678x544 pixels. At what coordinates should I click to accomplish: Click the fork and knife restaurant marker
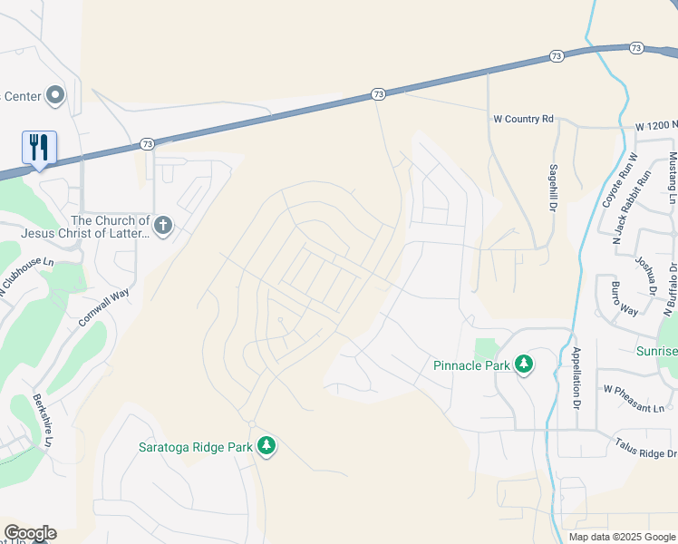(x=39, y=147)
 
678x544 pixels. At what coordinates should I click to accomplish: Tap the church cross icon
(x=163, y=225)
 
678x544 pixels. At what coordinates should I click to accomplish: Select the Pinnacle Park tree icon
(x=523, y=364)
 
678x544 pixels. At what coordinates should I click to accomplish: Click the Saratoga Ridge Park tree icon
(x=266, y=446)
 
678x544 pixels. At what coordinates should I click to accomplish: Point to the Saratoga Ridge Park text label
(x=195, y=446)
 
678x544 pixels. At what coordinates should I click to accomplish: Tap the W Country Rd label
(x=523, y=119)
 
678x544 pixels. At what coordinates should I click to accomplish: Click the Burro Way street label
(x=623, y=299)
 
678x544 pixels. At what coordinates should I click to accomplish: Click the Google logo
(x=30, y=533)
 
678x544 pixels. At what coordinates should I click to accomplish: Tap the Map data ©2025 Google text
(x=621, y=537)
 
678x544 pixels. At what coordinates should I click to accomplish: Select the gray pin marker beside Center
(x=55, y=94)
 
